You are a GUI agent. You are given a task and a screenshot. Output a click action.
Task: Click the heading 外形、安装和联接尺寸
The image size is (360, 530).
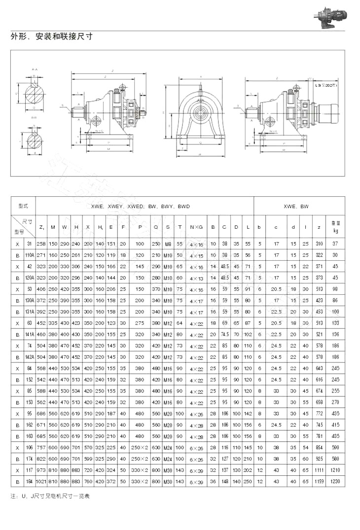pos(51,36)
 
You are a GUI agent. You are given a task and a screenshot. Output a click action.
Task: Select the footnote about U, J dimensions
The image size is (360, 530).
pos(50,496)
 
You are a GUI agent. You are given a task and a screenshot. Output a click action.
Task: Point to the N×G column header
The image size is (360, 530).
pos(196,227)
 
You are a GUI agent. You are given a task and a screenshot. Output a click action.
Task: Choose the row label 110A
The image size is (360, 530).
pos(30,255)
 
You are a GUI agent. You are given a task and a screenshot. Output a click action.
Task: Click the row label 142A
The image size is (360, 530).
pos(30,356)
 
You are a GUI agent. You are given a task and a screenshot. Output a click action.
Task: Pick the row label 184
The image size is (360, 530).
pos(30,481)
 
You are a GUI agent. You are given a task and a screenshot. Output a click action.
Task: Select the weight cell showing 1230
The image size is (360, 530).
pos(335,481)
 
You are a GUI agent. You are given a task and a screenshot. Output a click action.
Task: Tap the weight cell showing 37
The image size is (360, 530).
pos(335,244)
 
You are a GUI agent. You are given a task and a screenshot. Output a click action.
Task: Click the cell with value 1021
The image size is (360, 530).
pos(41,481)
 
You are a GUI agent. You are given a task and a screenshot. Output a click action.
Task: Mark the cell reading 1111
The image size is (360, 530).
pos(319,470)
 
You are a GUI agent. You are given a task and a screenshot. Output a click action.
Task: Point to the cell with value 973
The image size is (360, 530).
pos(41,470)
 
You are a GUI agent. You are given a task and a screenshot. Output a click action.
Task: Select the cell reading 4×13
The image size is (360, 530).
pos(196,278)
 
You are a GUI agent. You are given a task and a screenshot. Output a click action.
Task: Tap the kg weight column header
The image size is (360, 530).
pos(335,227)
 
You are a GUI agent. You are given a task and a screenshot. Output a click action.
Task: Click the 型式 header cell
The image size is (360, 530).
pos(23,206)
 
